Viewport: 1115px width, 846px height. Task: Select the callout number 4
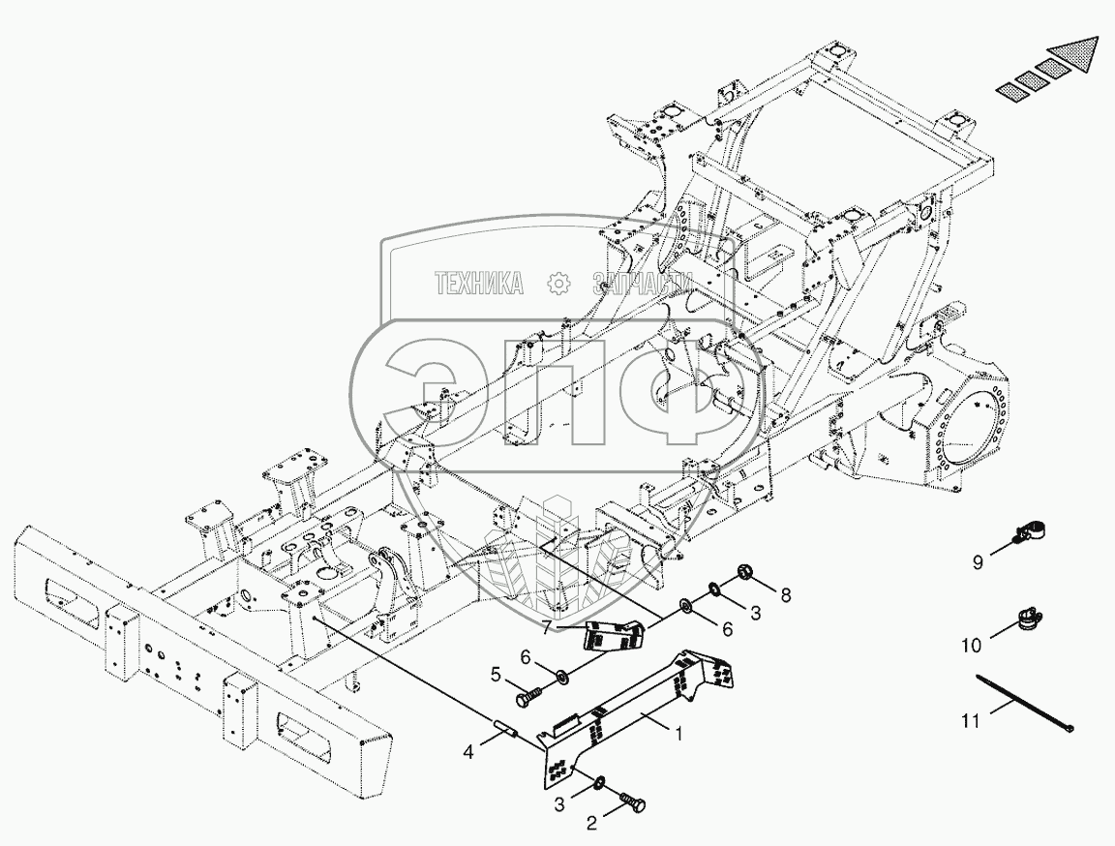467,751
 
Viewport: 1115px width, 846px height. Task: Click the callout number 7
547,627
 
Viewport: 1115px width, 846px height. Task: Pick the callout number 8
785,595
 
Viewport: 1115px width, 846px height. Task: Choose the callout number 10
972,646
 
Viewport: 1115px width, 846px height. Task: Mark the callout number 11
970,721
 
